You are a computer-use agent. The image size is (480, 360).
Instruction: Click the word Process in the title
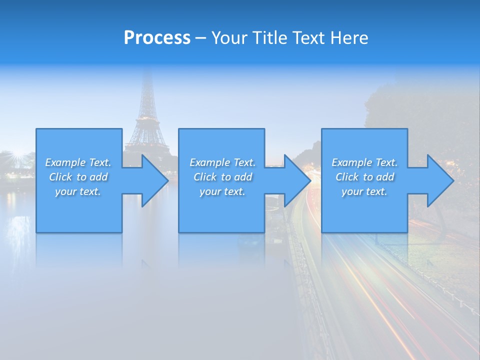tap(157, 38)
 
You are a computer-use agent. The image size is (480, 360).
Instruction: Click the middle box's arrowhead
tap(296, 180)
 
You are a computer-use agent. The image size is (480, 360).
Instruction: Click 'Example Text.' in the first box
tap(78, 162)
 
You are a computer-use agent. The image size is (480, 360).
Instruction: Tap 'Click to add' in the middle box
tap(222, 177)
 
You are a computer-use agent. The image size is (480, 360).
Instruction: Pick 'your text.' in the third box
tap(364, 191)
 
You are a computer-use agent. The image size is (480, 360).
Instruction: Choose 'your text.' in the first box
tap(78, 191)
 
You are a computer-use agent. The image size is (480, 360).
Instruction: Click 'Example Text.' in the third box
tap(364, 162)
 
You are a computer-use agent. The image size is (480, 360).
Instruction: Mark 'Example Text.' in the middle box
tap(222, 162)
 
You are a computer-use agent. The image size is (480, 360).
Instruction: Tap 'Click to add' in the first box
tap(78, 177)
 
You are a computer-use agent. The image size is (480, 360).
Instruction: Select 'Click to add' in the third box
tap(364, 177)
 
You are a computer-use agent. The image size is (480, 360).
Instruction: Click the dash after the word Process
tap(201, 38)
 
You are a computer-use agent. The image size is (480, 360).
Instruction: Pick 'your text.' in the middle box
tap(222, 191)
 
